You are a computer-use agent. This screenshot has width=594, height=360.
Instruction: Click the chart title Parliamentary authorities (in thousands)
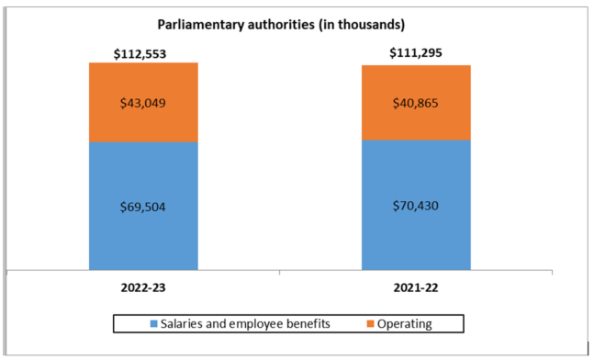(295, 24)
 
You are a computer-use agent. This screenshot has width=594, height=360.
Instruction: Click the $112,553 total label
(143, 54)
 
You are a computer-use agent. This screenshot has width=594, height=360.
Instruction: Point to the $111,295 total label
(416, 54)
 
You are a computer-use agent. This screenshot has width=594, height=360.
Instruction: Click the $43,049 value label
(143, 103)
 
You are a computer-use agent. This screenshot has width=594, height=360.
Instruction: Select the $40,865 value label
(416, 103)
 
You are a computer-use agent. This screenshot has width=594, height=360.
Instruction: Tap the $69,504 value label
(143, 205)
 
